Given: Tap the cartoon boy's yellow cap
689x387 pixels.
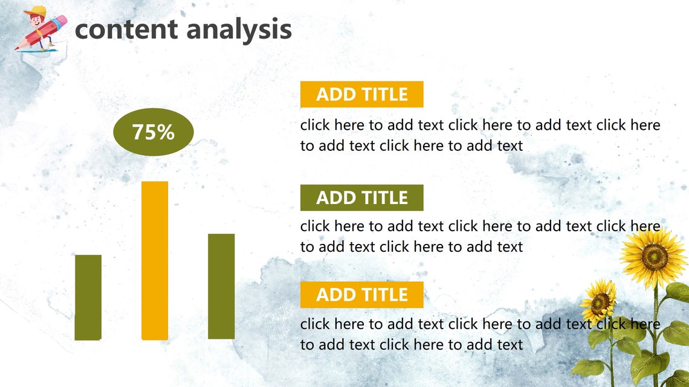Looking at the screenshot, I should tap(38, 11).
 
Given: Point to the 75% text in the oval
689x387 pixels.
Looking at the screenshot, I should tap(154, 132).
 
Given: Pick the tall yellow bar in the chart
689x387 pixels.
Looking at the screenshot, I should tap(155, 260).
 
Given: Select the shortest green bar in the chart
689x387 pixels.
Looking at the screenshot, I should tap(88, 297).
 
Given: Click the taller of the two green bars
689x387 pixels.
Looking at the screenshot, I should tap(221, 286).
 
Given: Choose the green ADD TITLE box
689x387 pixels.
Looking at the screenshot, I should tap(361, 197).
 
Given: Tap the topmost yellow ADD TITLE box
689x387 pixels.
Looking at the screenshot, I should tap(361, 94).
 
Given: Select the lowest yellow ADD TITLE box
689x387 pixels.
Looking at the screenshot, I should tap(361, 295).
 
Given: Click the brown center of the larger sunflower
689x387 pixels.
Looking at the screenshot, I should tap(655, 257).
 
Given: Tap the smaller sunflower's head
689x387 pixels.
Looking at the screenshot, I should tap(598, 300).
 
